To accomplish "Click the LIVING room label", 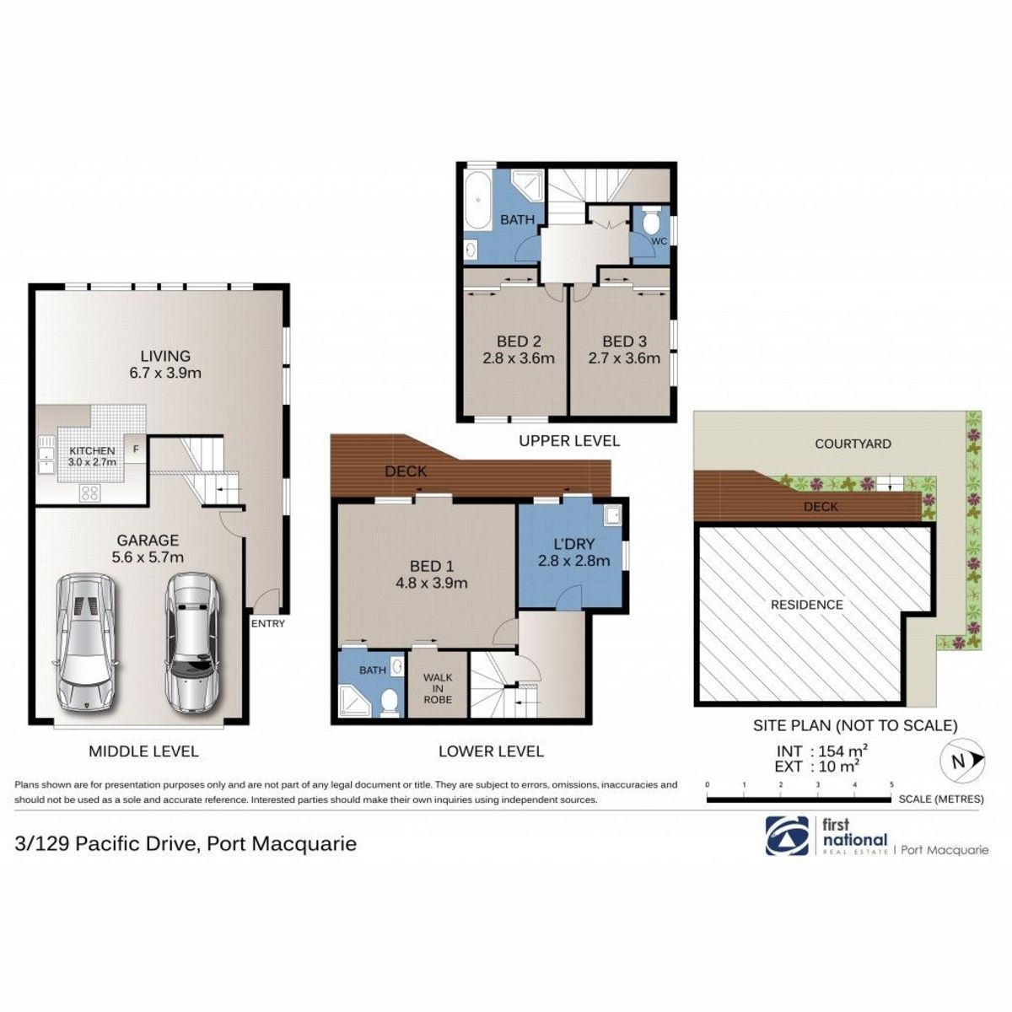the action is coord(166,356).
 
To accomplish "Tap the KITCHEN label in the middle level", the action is coord(92,451).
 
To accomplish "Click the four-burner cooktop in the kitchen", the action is coord(90,493).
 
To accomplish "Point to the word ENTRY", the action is coord(268,624).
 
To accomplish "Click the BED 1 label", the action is coord(431,566).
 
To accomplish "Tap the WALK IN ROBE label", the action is coord(438,688).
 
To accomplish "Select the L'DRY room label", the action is coord(573,544).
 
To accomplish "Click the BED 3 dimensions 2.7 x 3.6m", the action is coord(624,358).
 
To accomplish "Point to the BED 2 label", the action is coord(519,342).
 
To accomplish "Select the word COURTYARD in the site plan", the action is coord(853,444).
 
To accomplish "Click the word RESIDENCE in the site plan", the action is coord(807,605).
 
